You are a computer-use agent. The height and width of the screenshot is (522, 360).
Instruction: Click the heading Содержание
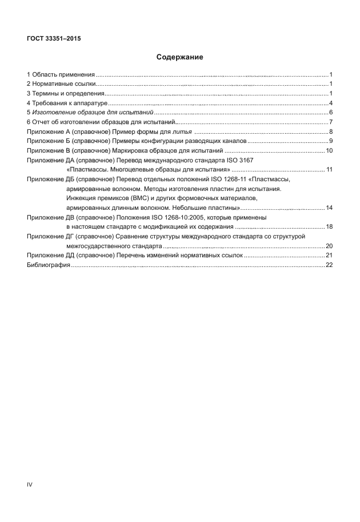180,57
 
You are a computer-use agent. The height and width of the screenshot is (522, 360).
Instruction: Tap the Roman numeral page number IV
30,484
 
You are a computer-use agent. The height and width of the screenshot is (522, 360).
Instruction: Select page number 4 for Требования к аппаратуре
331,103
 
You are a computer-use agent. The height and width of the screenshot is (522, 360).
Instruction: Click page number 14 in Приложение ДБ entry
329,208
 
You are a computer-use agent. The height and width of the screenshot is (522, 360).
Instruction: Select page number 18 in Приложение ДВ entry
329,227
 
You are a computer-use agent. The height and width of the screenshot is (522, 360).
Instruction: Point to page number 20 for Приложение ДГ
329,246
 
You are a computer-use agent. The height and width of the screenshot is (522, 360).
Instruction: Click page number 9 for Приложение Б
331,141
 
